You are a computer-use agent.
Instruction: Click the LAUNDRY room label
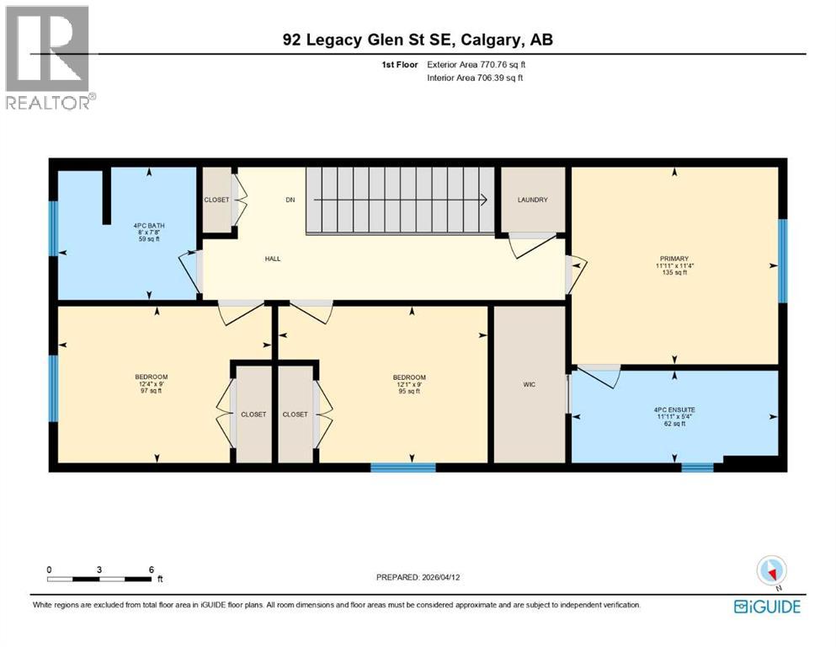(x=532, y=200)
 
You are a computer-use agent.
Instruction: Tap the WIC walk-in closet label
(x=529, y=384)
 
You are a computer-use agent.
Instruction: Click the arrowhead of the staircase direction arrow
(x=485, y=201)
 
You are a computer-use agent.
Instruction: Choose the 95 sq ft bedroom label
(x=409, y=383)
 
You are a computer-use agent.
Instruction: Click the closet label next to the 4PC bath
(x=216, y=200)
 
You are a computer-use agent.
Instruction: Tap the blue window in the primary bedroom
(x=782, y=260)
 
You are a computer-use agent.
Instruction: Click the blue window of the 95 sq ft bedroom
(x=403, y=467)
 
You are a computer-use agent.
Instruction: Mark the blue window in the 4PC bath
(x=52, y=227)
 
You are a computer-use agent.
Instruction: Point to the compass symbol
(x=771, y=571)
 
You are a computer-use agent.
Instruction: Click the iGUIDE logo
(x=767, y=607)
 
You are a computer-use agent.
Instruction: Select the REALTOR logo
(x=48, y=57)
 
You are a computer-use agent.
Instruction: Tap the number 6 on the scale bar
(x=151, y=569)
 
